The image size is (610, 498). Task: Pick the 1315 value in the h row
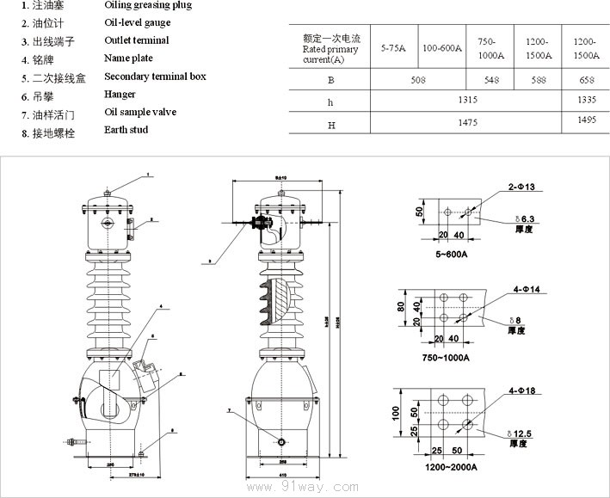[467, 101]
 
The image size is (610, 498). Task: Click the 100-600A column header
[442, 48]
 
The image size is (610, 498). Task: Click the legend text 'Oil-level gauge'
[137, 22]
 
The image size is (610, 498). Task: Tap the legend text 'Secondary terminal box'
[155, 77]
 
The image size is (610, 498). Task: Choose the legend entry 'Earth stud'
[126, 130]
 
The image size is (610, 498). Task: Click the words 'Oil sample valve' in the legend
[141, 112]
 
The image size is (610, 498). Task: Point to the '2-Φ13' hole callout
[521, 187]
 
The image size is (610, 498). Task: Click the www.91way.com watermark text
[302, 487]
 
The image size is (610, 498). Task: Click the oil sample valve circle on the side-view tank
[281, 441]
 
